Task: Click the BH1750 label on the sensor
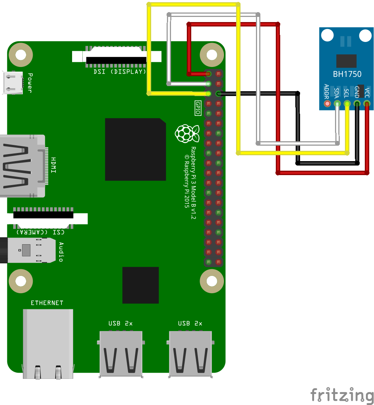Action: (x=347, y=74)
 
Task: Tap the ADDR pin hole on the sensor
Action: (x=327, y=104)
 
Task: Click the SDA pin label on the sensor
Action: (x=336, y=92)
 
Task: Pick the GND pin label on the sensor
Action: (x=356, y=92)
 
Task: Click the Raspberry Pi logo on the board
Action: (x=187, y=133)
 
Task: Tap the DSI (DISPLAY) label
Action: (x=120, y=72)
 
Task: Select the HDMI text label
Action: (x=54, y=165)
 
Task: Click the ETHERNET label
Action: (x=47, y=303)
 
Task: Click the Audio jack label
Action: (x=61, y=252)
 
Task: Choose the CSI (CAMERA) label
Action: (x=40, y=232)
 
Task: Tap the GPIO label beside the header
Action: (x=197, y=108)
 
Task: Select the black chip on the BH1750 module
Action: (x=346, y=61)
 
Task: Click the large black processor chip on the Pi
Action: (x=135, y=149)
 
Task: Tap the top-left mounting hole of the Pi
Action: (x=21, y=55)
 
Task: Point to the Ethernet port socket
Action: (x=48, y=342)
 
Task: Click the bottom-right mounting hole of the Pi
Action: (x=212, y=281)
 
